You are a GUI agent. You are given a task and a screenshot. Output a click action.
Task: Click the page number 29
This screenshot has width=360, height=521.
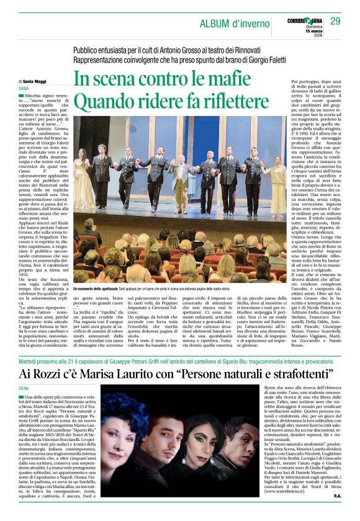[335, 21]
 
